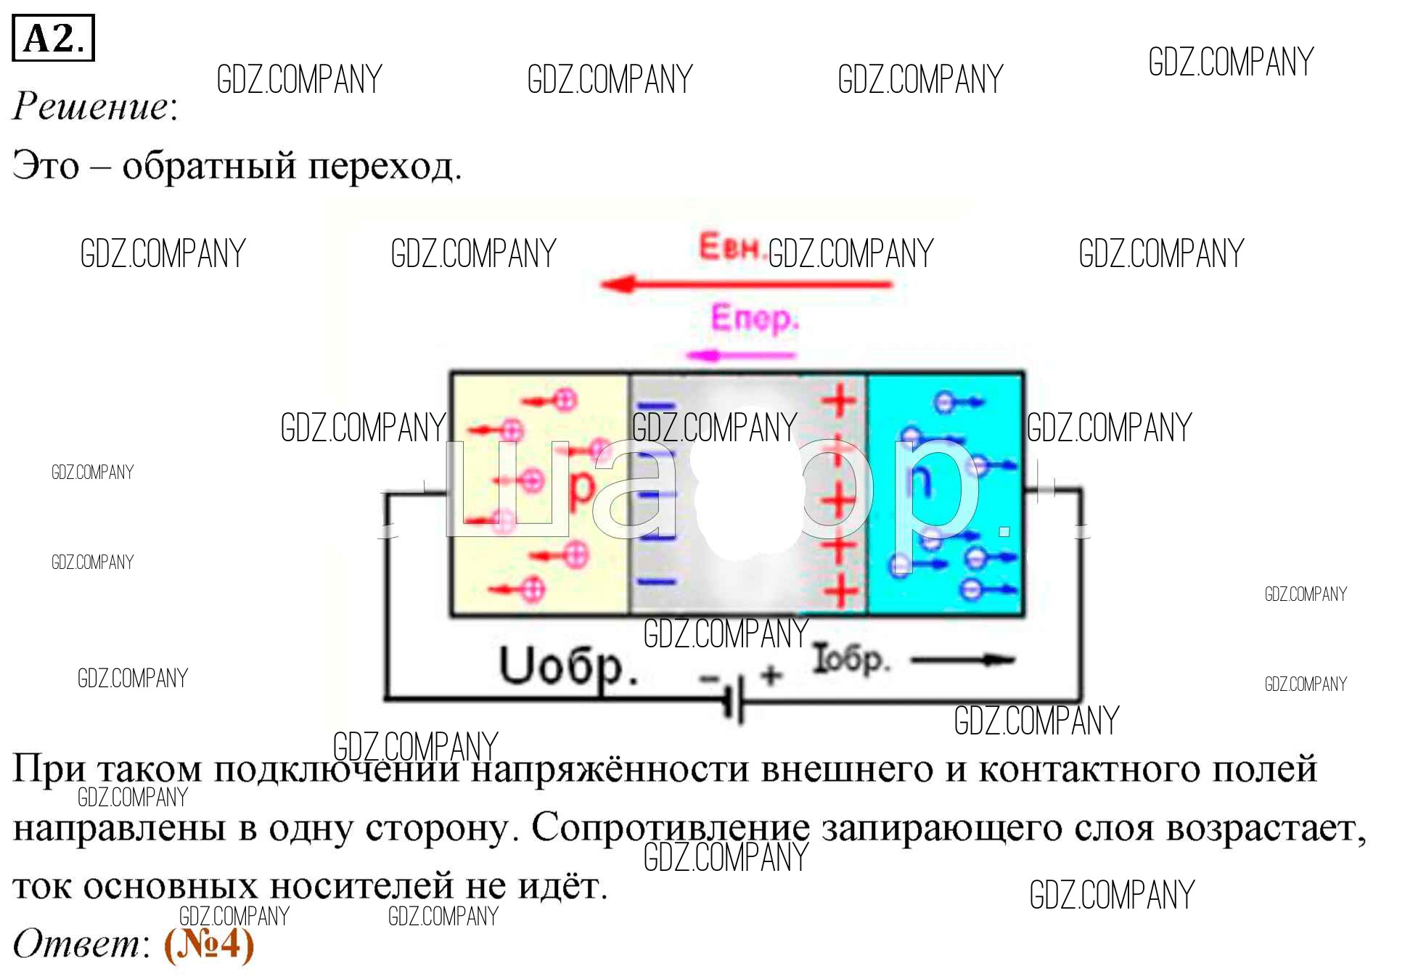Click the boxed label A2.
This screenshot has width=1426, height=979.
point(53,38)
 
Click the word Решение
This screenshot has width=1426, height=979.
point(91,106)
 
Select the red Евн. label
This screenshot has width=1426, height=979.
point(730,247)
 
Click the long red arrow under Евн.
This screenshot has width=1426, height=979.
point(747,284)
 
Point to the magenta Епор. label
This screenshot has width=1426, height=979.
point(754,319)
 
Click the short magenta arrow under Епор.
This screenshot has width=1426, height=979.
point(740,356)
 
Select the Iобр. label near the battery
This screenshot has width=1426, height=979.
point(849,659)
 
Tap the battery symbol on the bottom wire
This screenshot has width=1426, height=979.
point(734,698)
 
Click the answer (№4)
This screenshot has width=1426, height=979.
point(209,944)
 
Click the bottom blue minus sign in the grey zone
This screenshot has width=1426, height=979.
point(656,581)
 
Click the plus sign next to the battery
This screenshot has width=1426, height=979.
point(771,675)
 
